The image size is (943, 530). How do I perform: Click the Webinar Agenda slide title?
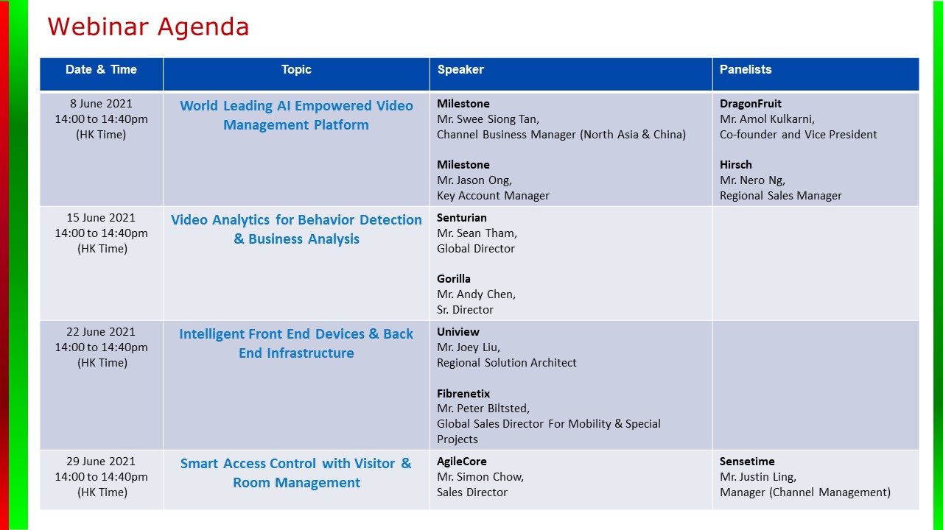148,27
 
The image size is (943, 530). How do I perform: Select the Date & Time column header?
101,69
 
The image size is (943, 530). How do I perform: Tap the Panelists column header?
745,69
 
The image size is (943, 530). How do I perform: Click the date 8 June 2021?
101,104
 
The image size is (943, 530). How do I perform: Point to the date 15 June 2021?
101,217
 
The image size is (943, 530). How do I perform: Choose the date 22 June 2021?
101,331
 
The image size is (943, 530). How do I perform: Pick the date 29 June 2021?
101,461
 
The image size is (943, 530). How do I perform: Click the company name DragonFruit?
750,104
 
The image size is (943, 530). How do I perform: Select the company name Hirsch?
735,164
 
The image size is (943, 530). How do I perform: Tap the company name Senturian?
461,218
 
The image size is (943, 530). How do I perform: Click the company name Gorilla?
453,279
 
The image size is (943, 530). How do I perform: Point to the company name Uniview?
458,332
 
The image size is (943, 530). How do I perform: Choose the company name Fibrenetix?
463,393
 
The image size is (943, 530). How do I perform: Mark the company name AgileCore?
461,462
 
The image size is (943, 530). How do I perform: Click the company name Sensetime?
747,462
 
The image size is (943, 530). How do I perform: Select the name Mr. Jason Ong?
474,180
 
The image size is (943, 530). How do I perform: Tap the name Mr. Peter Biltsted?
483,409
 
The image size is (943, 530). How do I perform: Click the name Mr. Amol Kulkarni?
767,119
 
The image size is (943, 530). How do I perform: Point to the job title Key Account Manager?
493,196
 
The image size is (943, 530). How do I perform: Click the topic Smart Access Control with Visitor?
295,463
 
